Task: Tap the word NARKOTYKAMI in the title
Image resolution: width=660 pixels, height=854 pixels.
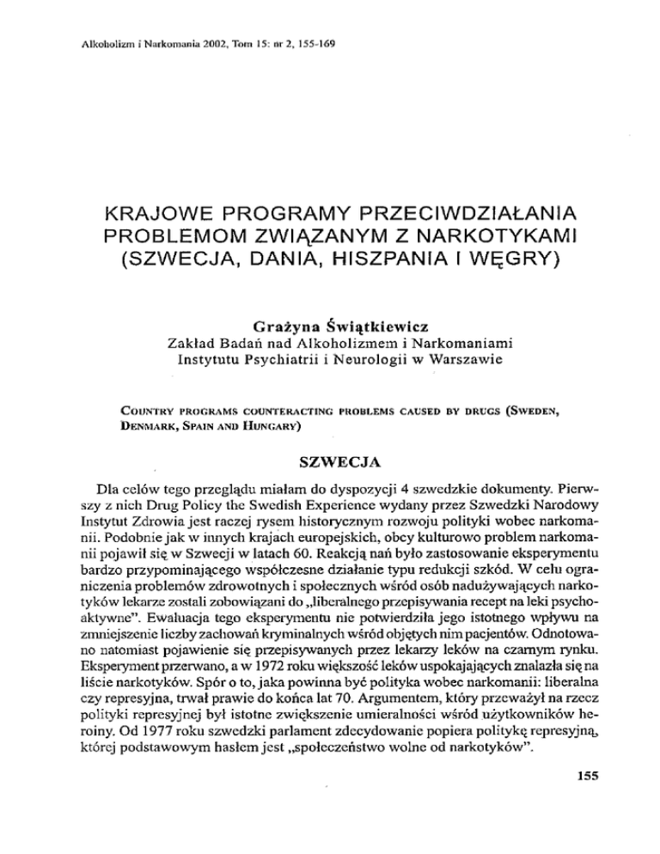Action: point(485,234)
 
